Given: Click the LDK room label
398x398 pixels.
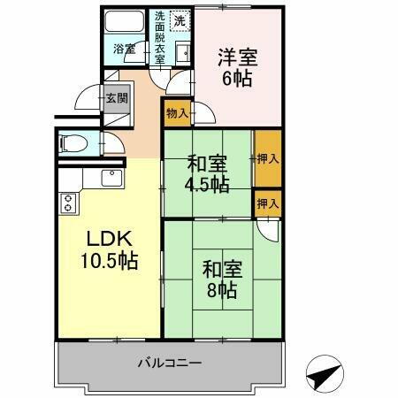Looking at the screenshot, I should point(111,239).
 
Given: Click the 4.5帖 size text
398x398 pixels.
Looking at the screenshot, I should point(207,185).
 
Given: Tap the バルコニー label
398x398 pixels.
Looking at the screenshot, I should point(171,363).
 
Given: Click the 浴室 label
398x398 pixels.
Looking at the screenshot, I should point(124,49).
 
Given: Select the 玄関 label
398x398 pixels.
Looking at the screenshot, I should point(115,97).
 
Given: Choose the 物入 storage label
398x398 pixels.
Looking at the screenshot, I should point(176,112).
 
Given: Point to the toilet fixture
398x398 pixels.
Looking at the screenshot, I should point(73,142).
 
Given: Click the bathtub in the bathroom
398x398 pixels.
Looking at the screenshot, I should point(124,23).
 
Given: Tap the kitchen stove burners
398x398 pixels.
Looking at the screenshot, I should point(67,203).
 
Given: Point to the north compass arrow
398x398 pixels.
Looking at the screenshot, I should point(325,374).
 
